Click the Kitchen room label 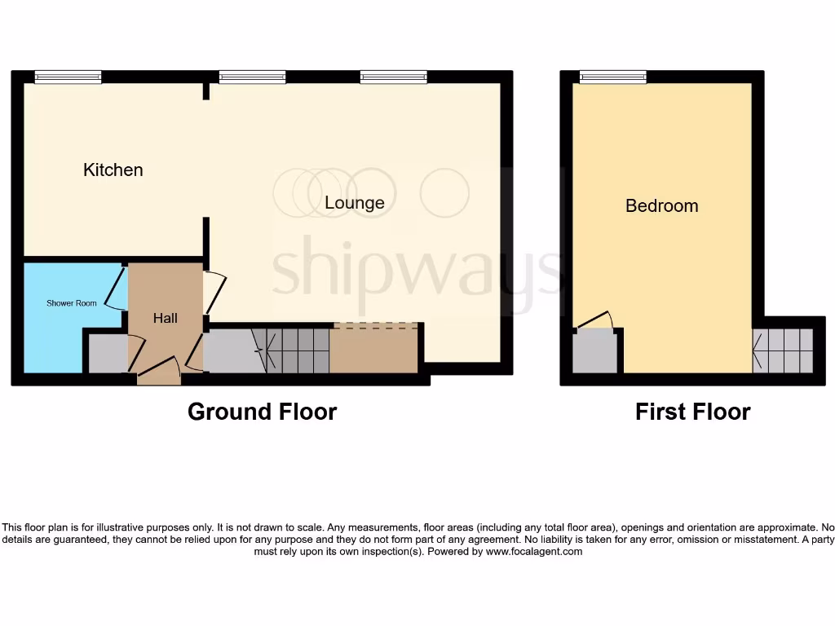[113, 170]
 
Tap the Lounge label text [354, 202]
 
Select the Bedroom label [661, 205]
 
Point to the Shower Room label [72, 303]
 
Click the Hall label [166, 318]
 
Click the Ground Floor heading [262, 412]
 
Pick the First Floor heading [692, 412]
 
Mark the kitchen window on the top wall [68, 77]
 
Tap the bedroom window [613, 77]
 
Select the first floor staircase [783, 351]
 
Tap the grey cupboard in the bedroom [594, 351]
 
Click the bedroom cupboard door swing [594, 320]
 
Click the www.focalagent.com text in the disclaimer [534, 552]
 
